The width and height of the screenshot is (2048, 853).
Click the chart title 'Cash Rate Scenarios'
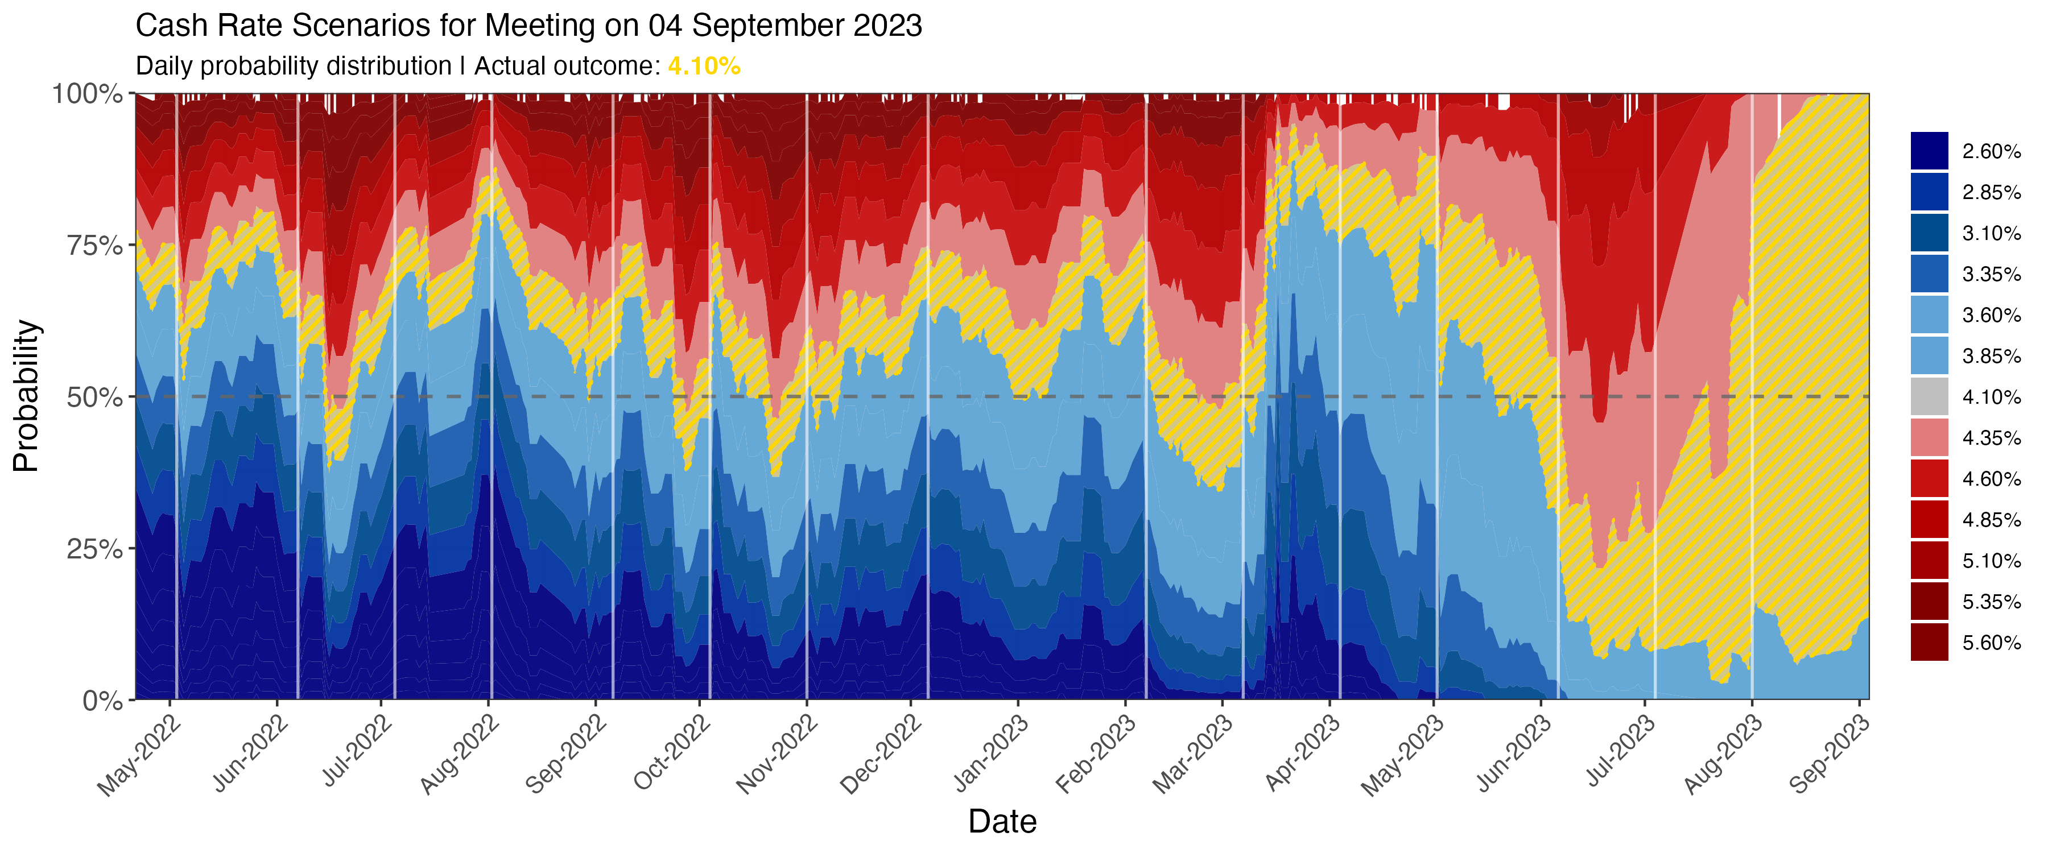(x=528, y=26)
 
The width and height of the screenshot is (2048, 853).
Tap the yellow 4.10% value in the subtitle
(x=704, y=66)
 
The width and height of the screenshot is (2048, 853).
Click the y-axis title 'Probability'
(x=26, y=396)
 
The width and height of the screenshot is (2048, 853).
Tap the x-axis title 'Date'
(x=1002, y=821)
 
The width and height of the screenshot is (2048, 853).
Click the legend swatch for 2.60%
(x=1930, y=150)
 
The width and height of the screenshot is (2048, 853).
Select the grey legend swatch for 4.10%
(x=1930, y=396)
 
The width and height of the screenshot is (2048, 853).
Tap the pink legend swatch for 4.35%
(x=1930, y=437)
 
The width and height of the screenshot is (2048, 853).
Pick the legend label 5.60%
(x=1991, y=643)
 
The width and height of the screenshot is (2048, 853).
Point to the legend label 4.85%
(x=1991, y=520)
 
